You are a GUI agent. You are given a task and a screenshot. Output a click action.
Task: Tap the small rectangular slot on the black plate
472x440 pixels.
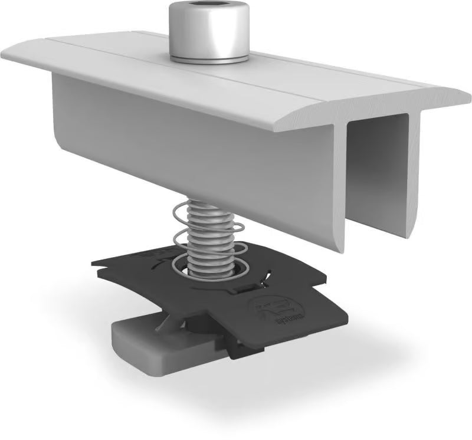coord(247,288)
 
